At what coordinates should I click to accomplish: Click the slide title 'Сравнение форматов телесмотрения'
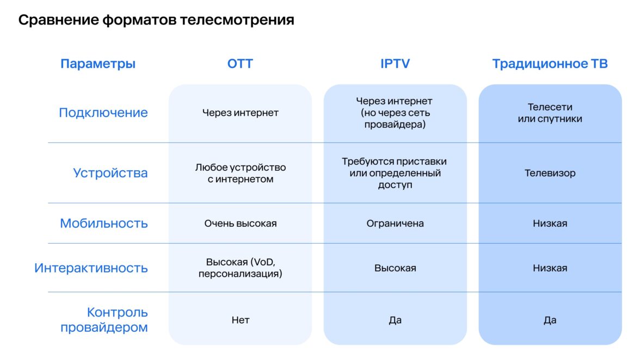tap(156, 21)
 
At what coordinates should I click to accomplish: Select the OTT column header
tap(240, 64)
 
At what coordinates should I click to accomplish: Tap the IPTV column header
tap(395, 64)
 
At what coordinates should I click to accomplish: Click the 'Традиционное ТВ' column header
tap(550, 64)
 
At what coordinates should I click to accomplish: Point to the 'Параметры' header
tap(98, 64)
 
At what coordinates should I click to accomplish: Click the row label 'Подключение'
tap(103, 113)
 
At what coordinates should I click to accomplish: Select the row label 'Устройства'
tap(110, 173)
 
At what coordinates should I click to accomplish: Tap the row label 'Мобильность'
tap(104, 223)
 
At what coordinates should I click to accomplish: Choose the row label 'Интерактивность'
tap(91, 268)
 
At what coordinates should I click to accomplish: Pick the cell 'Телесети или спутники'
tap(550, 113)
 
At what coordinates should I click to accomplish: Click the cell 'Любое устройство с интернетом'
tap(240, 173)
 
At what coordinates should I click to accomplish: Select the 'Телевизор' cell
tap(550, 173)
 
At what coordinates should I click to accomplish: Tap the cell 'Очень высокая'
tap(240, 223)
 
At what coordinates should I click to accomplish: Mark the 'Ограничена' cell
tap(395, 223)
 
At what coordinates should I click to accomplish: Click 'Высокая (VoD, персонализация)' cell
tap(240, 268)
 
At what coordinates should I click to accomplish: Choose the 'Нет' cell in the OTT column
tap(240, 320)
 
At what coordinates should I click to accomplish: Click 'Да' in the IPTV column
tap(395, 320)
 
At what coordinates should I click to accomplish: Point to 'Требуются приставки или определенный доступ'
tap(395, 173)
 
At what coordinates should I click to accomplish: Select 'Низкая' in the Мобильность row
tap(550, 223)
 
